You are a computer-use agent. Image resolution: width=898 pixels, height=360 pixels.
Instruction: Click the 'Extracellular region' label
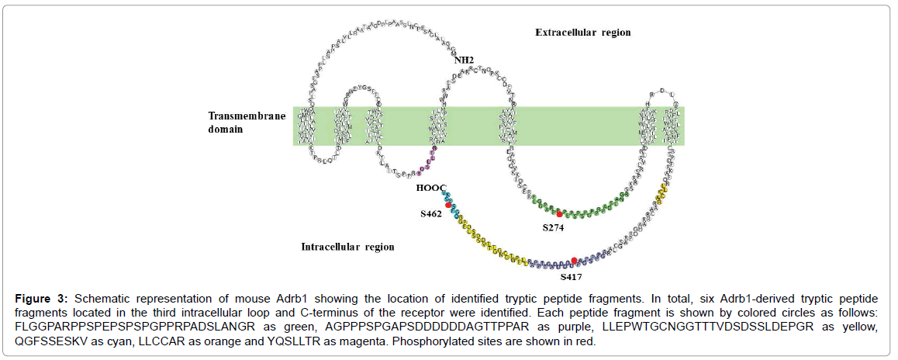tap(582, 33)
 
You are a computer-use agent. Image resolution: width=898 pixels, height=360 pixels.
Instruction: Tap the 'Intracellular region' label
tap(347, 247)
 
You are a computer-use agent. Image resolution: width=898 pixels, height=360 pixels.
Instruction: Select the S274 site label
tap(554, 228)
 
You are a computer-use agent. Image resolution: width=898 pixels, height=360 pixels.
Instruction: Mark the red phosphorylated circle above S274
tap(559, 213)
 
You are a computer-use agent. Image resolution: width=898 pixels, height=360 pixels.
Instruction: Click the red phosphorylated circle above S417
tap(574, 261)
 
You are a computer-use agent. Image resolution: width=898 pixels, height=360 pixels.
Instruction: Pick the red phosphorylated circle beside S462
tap(448, 204)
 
